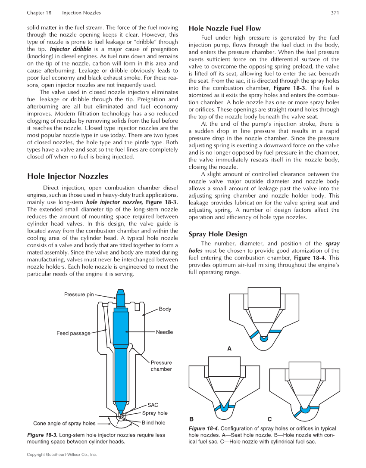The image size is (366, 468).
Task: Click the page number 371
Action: pos(335,13)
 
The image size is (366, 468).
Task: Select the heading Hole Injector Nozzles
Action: pos(67,176)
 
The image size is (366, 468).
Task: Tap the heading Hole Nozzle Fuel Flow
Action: pos(225,28)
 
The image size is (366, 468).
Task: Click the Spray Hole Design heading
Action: pos(218,234)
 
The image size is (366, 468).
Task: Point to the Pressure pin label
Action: pos(79,294)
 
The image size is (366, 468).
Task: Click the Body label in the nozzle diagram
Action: pos(165,309)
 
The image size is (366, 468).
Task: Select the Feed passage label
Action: pos(73,333)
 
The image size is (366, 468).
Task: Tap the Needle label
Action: pos(164,332)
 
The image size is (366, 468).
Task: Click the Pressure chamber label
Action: pos(161,366)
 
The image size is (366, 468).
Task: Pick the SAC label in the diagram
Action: pos(153,405)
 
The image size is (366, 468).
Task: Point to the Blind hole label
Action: pos(153,423)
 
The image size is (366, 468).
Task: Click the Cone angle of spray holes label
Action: pos(64,423)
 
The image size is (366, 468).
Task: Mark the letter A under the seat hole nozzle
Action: pos(229,349)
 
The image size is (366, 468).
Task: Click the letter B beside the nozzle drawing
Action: pos(191,419)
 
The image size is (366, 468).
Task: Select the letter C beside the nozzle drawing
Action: pos(269,419)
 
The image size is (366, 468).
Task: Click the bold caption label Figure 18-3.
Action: pos(42,435)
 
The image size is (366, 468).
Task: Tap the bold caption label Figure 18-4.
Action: pos(203,428)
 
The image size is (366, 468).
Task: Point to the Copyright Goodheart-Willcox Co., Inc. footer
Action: pos(62,455)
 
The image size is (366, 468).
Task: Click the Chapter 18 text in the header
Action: pos(39,13)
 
